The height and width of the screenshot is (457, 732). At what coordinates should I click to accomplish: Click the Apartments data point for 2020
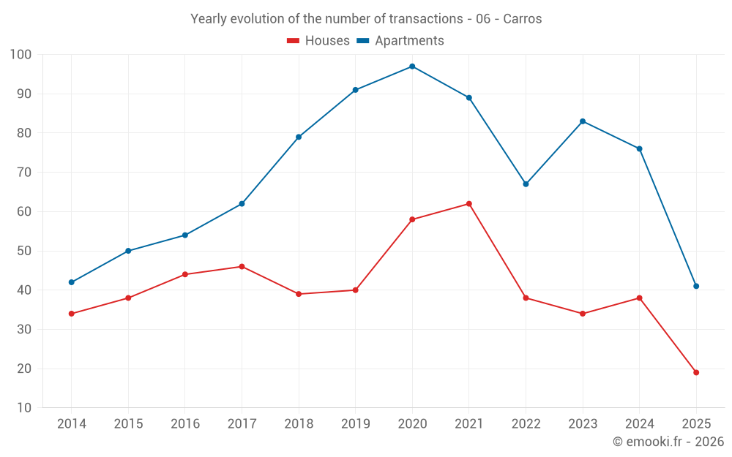[412, 67]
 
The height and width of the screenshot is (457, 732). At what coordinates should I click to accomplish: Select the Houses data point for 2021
[469, 204]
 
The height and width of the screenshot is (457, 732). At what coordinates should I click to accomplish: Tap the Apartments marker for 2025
[696, 286]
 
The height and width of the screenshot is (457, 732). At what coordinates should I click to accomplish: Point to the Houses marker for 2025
[696, 372]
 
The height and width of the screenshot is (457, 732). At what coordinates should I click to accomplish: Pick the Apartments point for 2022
[526, 184]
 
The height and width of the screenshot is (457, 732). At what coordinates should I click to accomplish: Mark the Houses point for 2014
[72, 314]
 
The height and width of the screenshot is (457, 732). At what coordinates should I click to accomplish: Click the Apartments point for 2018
[299, 137]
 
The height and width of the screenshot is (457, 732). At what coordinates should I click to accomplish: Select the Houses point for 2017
[242, 267]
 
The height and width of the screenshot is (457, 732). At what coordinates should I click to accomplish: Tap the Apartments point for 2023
[583, 121]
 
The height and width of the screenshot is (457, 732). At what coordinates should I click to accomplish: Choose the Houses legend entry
[318, 41]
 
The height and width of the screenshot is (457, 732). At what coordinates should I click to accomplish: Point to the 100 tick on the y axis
[21, 55]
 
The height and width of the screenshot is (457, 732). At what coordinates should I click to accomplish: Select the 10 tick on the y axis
[24, 408]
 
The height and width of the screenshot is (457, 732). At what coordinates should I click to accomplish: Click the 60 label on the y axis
[24, 212]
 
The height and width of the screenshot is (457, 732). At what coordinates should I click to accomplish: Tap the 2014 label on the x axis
[72, 424]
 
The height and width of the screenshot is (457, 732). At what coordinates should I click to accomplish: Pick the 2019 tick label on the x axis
[356, 424]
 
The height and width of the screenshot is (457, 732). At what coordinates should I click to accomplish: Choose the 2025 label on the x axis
[696, 424]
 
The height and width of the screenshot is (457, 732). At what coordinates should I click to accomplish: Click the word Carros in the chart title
[523, 19]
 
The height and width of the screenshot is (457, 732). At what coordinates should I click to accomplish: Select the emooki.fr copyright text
[668, 442]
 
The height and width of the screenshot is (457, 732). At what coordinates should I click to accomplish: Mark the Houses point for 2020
[412, 219]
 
